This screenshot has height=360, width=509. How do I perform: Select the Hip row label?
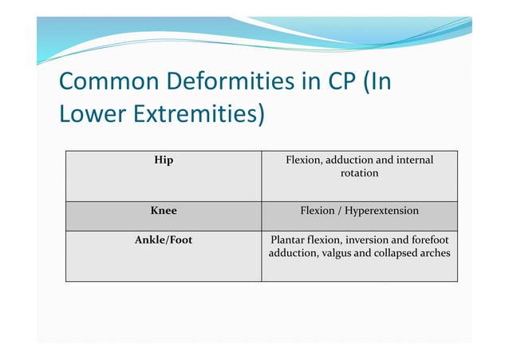(x=164, y=160)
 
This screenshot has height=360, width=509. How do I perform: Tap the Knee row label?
(x=164, y=212)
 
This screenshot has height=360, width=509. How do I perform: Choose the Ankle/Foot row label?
(x=164, y=239)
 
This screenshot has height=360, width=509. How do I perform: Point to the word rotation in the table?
(x=359, y=173)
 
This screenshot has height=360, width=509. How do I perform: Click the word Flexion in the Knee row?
(x=318, y=212)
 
